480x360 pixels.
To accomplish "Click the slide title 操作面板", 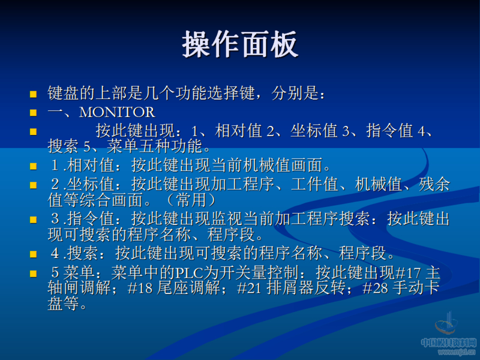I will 240,45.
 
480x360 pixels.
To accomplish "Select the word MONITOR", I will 117,112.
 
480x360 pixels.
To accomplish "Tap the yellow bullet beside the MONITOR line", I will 34,112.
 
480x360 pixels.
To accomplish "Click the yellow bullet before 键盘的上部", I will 34,94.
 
